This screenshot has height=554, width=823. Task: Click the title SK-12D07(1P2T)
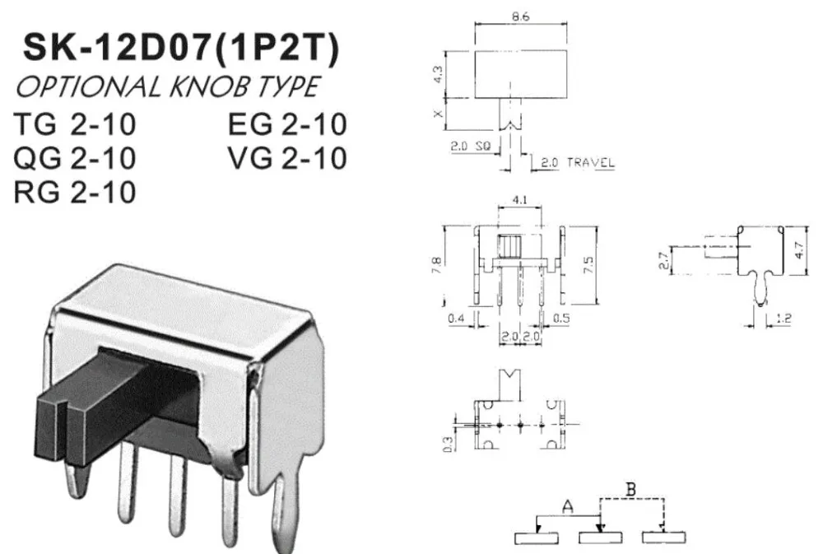pyautogui.click(x=181, y=48)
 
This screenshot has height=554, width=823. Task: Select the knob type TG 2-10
pyautogui.click(x=75, y=124)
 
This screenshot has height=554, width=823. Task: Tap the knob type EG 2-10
pyautogui.click(x=287, y=124)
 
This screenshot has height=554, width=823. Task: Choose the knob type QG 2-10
pyautogui.click(x=75, y=158)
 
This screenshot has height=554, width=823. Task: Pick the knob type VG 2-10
pyautogui.click(x=287, y=158)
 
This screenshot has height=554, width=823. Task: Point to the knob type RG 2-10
pyautogui.click(x=75, y=192)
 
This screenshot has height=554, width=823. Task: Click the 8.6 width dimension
pyautogui.click(x=521, y=16)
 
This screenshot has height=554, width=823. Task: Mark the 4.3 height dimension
pyautogui.click(x=439, y=74)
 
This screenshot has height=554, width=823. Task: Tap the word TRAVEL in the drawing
pyautogui.click(x=590, y=163)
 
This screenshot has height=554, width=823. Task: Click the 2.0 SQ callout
pyautogui.click(x=470, y=146)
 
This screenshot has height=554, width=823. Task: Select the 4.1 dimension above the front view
pyautogui.click(x=519, y=200)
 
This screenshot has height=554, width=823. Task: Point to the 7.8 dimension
pyautogui.click(x=436, y=265)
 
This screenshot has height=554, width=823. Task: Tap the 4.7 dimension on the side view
pyautogui.click(x=799, y=250)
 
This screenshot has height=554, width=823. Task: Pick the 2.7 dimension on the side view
pyautogui.click(x=663, y=261)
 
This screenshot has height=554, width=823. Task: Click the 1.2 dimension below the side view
pyautogui.click(x=783, y=319)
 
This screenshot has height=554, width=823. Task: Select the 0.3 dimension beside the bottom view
pyautogui.click(x=448, y=445)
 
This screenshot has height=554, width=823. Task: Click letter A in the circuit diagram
pyautogui.click(x=567, y=507)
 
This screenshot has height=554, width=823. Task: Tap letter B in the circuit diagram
pyautogui.click(x=631, y=490)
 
